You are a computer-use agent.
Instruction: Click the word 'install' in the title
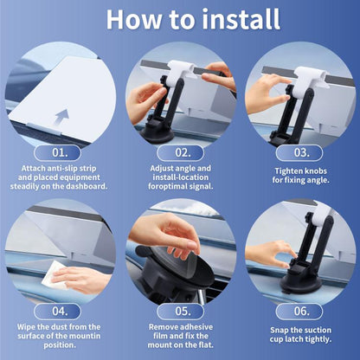pos(241,19)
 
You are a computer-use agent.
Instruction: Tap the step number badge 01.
pos(57,153)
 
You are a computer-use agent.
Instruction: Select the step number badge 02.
pos(180,153)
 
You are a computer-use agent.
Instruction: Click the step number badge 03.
pos(299,153)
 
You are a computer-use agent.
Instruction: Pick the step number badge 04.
pos(57,312)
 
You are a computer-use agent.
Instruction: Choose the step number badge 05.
pos(180,312)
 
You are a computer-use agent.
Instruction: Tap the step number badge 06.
pos(299,312)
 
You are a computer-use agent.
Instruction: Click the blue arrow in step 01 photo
pos(62,118)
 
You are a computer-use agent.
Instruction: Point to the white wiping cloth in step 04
pos(55,275)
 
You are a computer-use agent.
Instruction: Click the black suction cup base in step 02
pos(157,134)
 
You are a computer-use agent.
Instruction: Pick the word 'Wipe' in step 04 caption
pos(25,327)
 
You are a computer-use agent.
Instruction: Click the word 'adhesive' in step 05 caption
pos(196,327)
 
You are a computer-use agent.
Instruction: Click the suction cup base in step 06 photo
pos(300,283)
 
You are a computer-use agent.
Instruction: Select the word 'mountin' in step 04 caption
pos(86,336)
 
